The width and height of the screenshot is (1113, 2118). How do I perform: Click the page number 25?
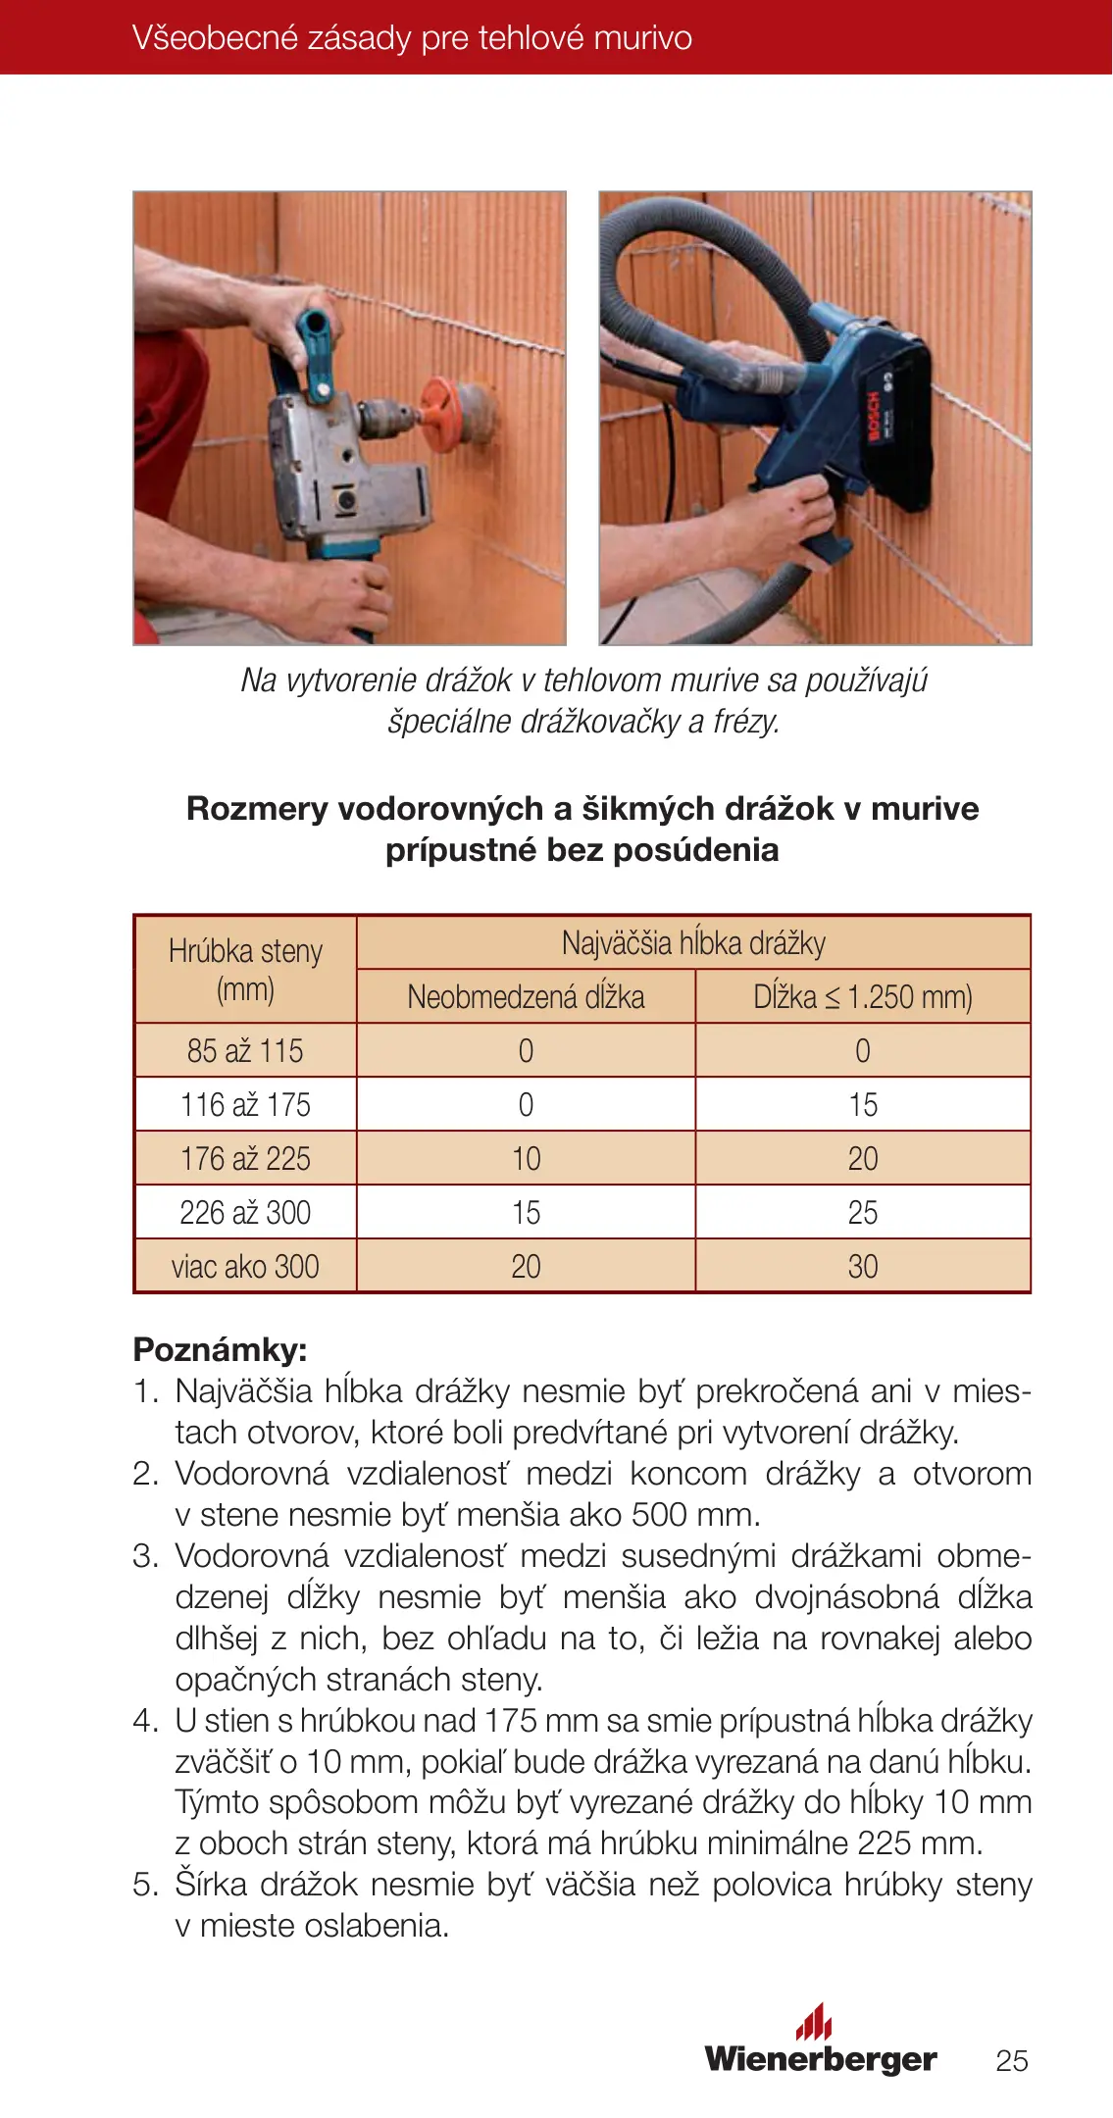coord(1011,2060)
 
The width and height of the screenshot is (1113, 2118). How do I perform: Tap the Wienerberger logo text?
coord(820,2058)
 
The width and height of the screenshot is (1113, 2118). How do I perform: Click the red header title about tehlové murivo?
coord(412,38)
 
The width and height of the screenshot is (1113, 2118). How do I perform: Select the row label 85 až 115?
coord(245,1050)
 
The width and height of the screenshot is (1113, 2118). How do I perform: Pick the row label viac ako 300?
coord(245,1266)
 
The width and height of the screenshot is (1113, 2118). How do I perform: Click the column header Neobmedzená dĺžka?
coord(526,996)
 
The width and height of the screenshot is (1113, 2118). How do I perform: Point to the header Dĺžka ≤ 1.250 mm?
coord(863,996)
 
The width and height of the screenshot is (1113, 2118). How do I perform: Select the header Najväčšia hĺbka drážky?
coord(693,942)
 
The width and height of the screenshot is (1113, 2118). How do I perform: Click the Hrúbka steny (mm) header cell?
coord(245,969)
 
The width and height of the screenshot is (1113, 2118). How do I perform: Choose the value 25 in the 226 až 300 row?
coord(863,1212)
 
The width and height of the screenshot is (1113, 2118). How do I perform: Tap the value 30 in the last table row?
coord(863,1266)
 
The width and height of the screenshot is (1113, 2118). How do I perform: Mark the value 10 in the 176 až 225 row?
coord(526,1158)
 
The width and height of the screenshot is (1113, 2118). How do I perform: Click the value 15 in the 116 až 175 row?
coord(863,1104)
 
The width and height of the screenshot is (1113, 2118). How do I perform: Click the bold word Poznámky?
coord(220,1349)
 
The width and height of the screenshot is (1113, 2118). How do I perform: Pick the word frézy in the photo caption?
coord(746,721)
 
